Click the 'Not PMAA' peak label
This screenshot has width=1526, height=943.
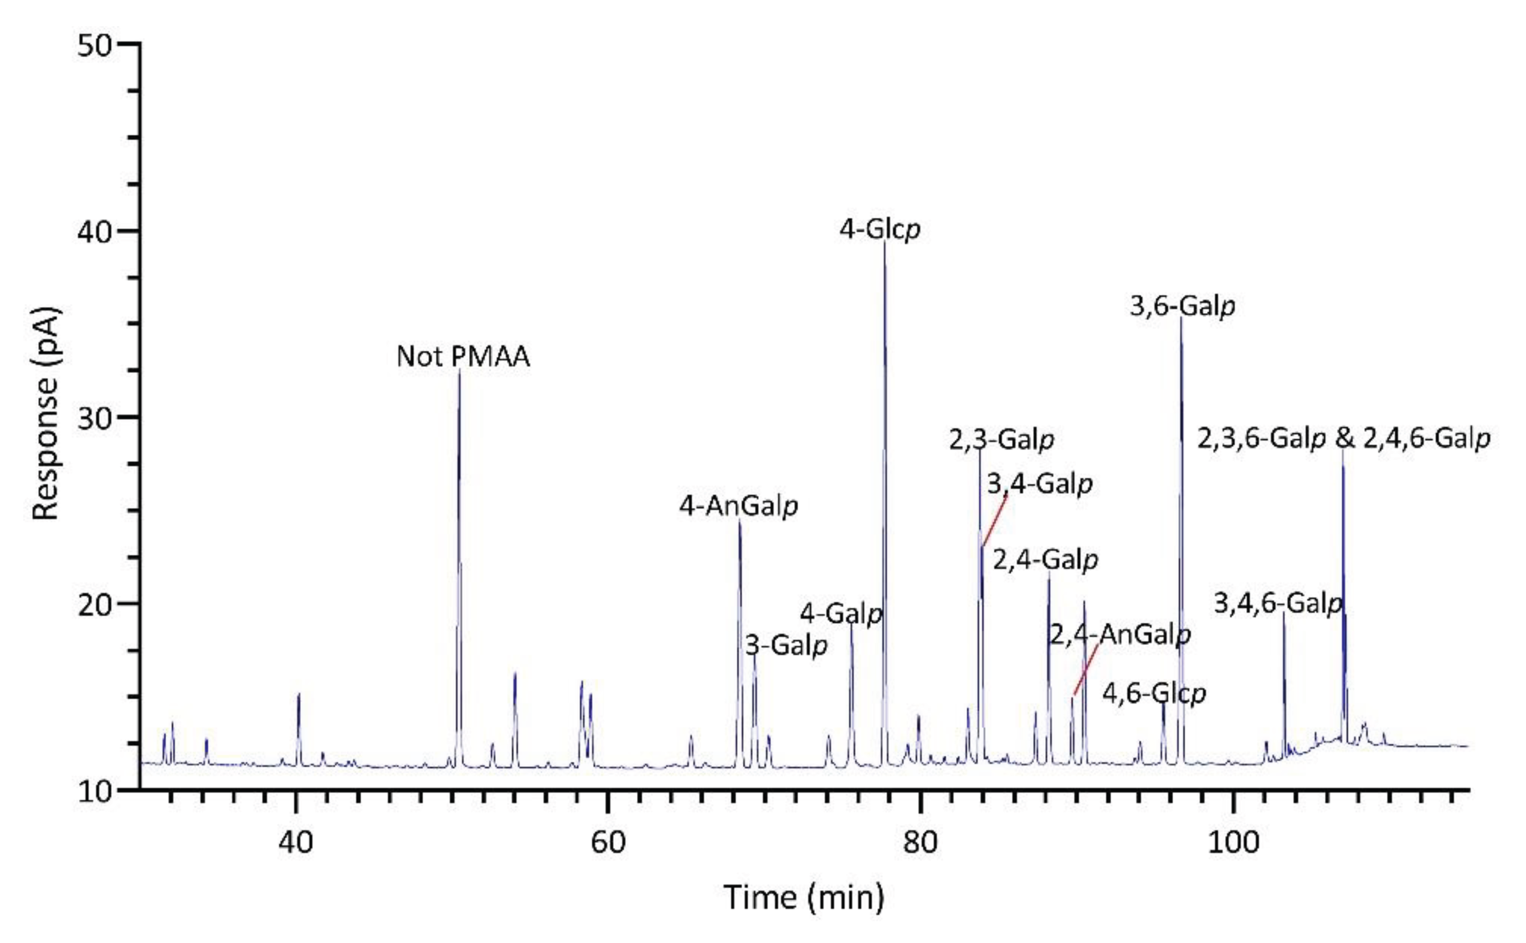[x=463, y=356]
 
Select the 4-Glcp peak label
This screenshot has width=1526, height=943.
[x=880, y=229]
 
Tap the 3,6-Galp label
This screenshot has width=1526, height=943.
[x=1183, y=306]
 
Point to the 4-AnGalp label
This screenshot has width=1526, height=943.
[x=739, y=506]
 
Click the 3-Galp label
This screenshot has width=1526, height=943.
[x=786, y=645]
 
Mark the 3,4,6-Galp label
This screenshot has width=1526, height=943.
[x=1278, y=603]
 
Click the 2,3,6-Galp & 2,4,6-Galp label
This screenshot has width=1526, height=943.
[x=1343, y=439]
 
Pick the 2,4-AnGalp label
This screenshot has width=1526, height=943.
[x=1120, y=635]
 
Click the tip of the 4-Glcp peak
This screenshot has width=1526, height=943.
[x=885, y=242]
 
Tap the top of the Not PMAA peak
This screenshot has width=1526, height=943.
[x=459, y=370]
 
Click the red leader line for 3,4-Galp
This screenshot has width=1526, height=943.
[x=995, y=520]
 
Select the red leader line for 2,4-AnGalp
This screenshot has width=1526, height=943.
[x=1085, y=670]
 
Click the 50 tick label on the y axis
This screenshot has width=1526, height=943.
[x=94, y=45]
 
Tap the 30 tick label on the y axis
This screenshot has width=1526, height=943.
[x=94, y=417]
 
